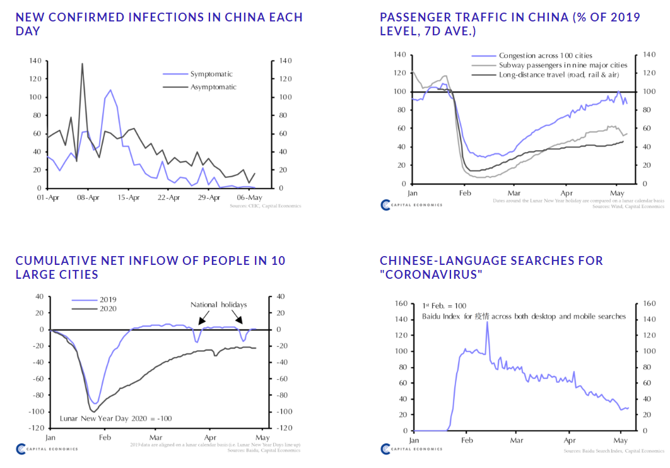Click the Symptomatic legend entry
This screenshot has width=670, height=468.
click(211, 74)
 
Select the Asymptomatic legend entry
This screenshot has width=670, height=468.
click(213, 86)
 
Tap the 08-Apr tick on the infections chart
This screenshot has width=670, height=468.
click(88, 197)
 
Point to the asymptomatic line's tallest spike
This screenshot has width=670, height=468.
click(82, 64)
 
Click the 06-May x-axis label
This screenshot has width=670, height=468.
click(249, 197)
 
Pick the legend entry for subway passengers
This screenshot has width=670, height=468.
click(563, 65)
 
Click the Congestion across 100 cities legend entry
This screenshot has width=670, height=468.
click(545, 56)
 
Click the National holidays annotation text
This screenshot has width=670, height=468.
click(218, 305)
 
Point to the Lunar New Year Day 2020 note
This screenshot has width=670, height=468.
click(115, 418)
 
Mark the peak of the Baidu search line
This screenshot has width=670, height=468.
click(486, 340)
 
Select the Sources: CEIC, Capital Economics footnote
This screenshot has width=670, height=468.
click(266, 206)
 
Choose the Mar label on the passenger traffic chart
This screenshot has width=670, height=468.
click(516, 192)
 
